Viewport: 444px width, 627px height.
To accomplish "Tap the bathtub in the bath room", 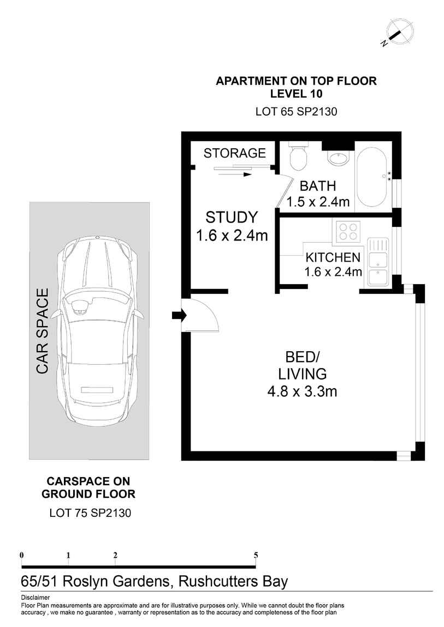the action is (x=372, y=177).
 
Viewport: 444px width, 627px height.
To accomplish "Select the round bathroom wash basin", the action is (x=340, y=157).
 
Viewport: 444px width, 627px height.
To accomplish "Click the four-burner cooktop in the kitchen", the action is (x=347, y=231).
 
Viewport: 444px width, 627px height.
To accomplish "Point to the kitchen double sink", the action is (x=377, y=262).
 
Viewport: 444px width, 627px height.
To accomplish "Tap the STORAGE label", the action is (x=235, y=153).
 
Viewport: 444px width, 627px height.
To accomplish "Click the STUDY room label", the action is (x=232, y=217).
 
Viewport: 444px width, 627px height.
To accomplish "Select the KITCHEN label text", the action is (x=333, y=257).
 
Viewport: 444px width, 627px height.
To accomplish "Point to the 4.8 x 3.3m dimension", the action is (x=302, y=391).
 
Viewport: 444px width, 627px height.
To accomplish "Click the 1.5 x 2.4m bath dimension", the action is (x=318, y=202).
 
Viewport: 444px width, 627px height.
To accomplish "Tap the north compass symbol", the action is (x=398, y=33).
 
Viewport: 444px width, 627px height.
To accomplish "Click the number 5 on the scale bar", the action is (x=256, y=555).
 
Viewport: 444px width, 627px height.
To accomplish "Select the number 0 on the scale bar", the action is (x=22, y=555).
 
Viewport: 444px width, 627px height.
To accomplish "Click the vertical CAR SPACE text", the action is (x=43, y=331).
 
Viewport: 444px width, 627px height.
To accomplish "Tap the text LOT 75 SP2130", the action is (x=90, y=513).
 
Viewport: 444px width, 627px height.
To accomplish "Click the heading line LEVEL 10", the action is (x=296, y=94).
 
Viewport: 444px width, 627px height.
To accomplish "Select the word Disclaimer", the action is (x=35, y=598).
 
